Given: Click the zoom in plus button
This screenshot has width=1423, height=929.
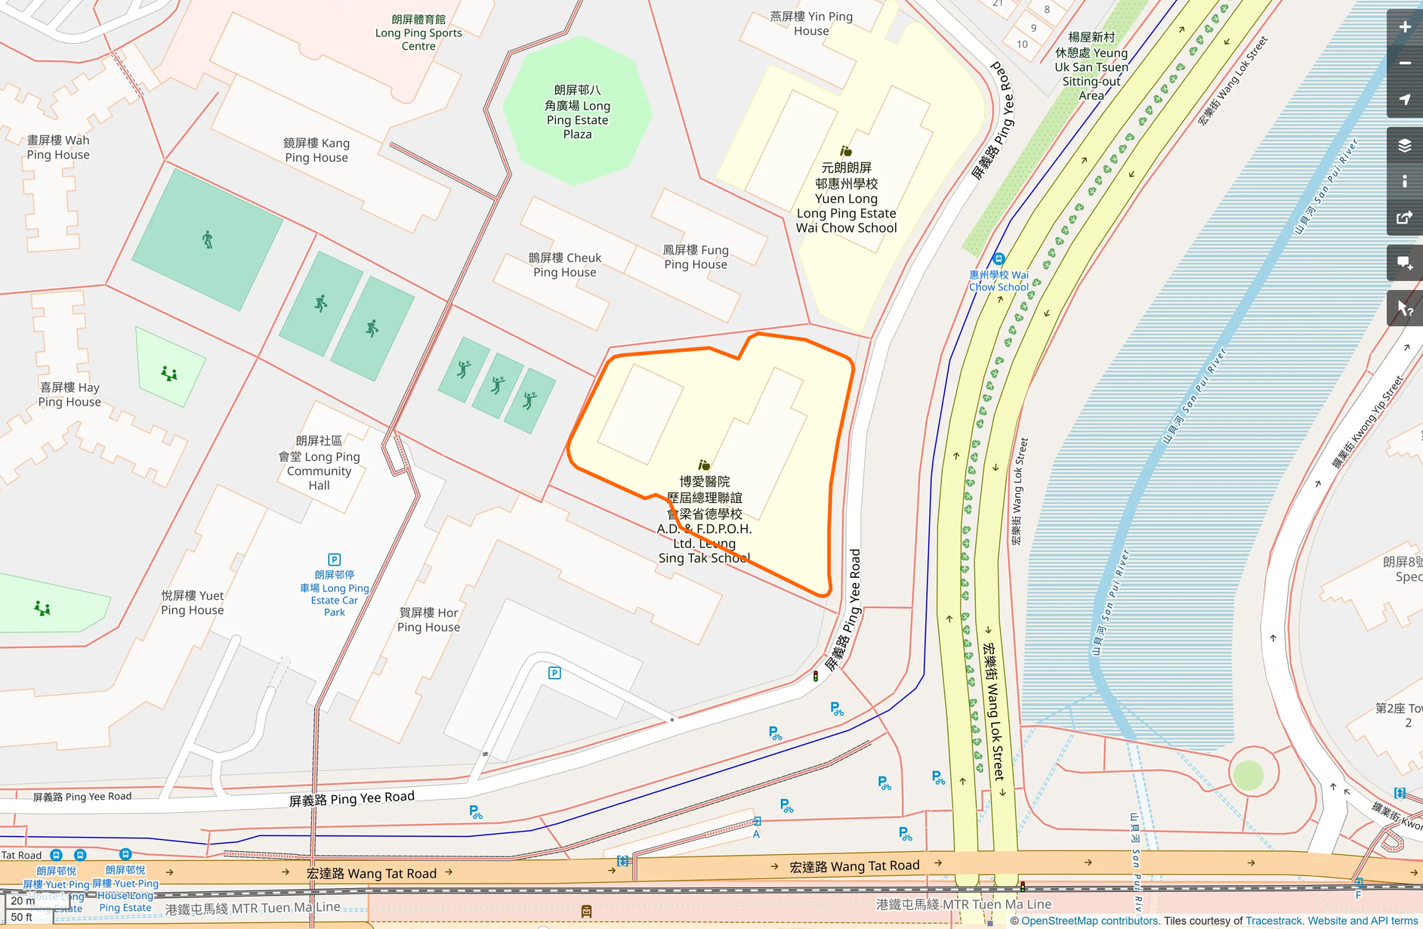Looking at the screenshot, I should pos(1404,27).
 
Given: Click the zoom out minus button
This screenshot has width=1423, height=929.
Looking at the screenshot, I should pos(1404,63).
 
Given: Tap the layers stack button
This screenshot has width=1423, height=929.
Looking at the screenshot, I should pos(1404,145).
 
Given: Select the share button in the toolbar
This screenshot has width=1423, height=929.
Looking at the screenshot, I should pos(1404,218).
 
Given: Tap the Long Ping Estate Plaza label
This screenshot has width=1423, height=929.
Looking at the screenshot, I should pos(577,112).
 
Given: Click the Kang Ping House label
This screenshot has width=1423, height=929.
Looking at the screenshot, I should pos(316,150).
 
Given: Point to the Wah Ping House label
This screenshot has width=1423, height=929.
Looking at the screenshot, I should pos(58,147).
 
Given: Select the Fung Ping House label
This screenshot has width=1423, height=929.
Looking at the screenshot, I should pos(696,257).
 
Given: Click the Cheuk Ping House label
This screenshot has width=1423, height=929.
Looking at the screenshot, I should pos(565,265).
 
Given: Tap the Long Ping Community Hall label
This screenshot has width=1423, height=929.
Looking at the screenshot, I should pos(319,463).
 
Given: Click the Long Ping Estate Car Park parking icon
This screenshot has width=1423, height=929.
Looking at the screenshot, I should pos(335,560).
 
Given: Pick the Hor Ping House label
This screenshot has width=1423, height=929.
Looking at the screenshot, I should pos(428,619).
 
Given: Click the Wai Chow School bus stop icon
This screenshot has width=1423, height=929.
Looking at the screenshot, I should pos(999,259).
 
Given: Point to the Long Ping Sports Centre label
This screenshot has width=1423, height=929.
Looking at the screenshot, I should pos(418,32).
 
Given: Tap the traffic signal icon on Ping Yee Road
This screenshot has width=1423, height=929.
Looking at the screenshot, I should pos(816,676).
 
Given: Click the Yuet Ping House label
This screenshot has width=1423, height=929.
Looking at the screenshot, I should pos(192,603).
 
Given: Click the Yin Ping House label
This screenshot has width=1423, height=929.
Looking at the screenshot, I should pos(811,23).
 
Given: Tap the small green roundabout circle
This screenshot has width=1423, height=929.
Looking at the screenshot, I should pos(1248,775).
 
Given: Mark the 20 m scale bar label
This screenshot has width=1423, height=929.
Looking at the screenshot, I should pos(23,901).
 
